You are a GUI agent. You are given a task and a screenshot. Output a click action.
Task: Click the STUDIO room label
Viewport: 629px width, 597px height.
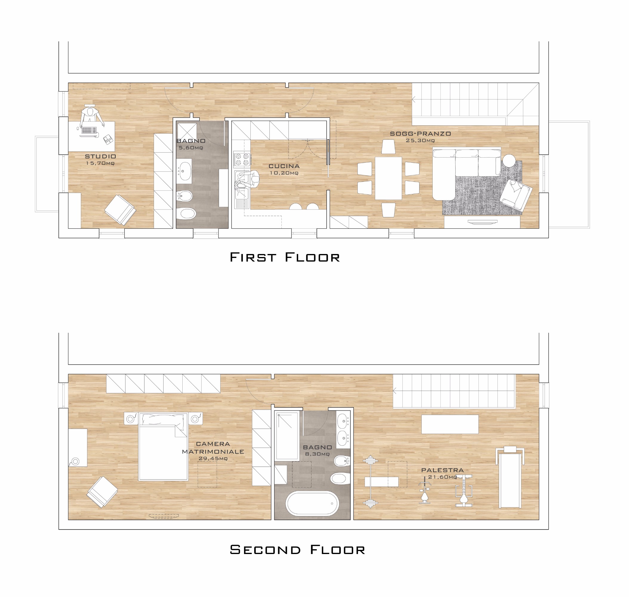(101, 156)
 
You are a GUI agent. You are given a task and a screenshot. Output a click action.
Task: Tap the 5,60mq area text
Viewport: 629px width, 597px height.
(191, 148)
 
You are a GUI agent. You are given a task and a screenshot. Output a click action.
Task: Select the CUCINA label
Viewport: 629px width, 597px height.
(284, 166)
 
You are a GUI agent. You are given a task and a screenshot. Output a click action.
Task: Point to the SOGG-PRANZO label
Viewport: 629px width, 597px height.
(420, 134)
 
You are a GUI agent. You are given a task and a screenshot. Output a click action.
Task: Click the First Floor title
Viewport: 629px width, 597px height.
(285, 257)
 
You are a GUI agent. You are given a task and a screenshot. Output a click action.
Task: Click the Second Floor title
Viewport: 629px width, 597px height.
(297, 550)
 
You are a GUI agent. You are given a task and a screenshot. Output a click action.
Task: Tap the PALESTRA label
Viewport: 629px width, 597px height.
(442, 470)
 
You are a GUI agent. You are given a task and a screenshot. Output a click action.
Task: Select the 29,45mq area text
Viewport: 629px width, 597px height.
(213, 458)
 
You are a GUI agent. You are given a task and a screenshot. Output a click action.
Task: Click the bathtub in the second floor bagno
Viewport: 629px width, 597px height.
(312, 504)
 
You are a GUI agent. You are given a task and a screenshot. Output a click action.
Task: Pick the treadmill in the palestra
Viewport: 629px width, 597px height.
(510, 477)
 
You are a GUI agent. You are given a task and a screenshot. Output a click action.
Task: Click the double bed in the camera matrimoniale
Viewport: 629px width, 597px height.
(163, 447)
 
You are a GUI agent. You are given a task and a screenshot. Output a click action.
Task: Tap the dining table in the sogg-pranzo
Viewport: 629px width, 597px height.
(388, 178)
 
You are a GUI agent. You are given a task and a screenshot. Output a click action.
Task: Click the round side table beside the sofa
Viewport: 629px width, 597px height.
(509, 160)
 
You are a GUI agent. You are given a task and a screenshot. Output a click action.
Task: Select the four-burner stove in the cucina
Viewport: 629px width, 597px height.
(242, 159)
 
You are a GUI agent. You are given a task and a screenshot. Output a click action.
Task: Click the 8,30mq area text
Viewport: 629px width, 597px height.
(317, 454)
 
